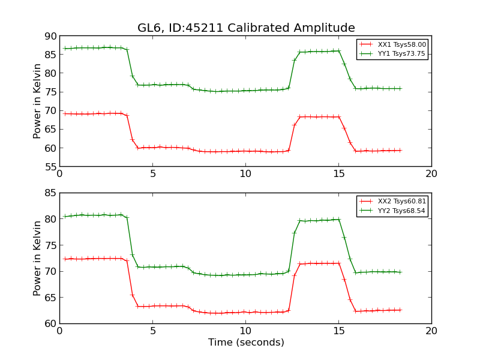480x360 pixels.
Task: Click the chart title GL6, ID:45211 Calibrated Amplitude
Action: point(246,28)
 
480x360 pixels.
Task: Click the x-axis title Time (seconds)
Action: point(246,343)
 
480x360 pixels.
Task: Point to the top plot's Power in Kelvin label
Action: point(38,101)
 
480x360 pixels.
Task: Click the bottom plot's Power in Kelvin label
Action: point(38,258)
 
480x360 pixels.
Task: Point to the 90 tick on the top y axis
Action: point(50,36)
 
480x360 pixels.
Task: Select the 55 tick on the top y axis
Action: point(50,166)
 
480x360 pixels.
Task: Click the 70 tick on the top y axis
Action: point(50,110)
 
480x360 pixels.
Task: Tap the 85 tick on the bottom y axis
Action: point(50,193)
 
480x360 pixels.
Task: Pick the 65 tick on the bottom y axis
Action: point(50,298)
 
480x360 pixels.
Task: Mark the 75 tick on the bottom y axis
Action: point(50,245)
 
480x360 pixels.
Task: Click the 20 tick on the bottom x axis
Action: point(431,331)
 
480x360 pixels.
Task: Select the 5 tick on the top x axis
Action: point(152,174)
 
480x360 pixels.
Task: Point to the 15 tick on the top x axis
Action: point(338,174)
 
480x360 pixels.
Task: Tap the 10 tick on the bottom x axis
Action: point(245,331)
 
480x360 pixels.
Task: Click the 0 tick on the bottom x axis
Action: point(59,331)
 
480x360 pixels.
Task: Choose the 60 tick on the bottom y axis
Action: point(50,323)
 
